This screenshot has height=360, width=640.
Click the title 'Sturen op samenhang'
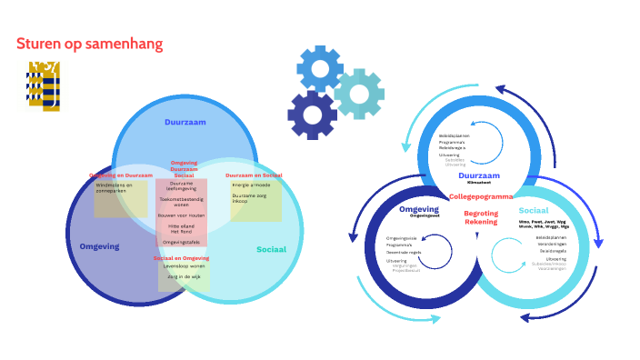point(90,44)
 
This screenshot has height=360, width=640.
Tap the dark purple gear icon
point(312,115)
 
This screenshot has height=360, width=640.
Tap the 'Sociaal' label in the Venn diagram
point(271,248)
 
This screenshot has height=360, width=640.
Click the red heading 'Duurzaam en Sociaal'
point(254,174)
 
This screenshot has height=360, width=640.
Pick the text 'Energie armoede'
point(251,185)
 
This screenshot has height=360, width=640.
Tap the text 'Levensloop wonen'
point(184,266)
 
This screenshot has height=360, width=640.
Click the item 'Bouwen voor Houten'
point(183,215)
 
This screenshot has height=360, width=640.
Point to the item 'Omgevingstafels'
point(182,243)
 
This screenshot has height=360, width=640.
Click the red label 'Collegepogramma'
point(481,196)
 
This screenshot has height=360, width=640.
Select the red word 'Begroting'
point(481,213)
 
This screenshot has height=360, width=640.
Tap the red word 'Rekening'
point(481,221)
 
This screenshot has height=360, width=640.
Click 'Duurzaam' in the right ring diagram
point(479,175)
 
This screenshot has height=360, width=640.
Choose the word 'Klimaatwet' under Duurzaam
point(479,183)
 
